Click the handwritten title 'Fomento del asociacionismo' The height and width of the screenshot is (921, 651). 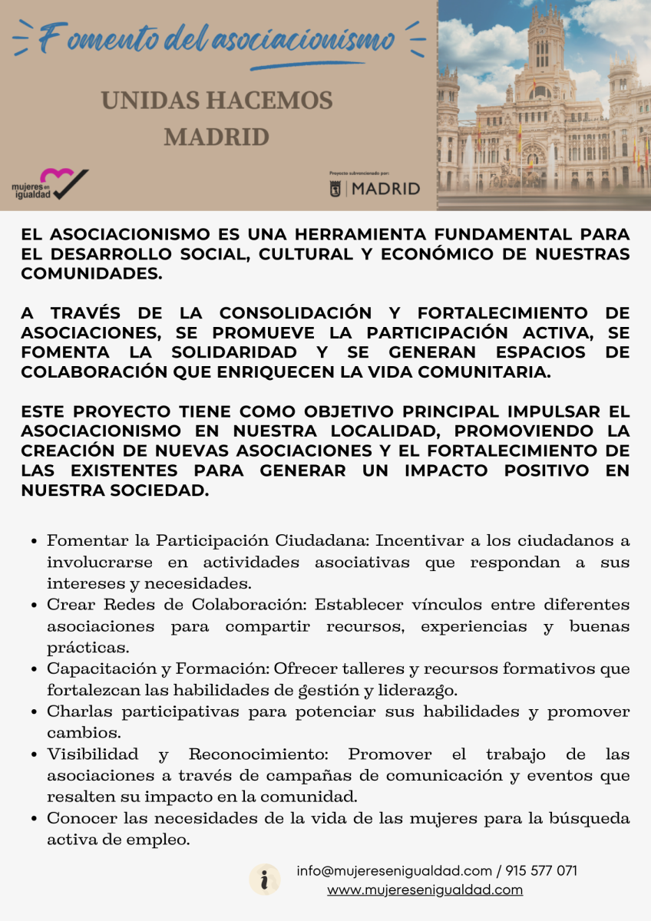[217, 38]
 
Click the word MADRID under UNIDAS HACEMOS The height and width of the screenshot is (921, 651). [216, 137]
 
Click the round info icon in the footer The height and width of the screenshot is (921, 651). [265, 880]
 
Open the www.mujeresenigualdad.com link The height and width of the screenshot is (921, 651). [425, 890]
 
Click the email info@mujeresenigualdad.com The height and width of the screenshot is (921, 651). [394, 871]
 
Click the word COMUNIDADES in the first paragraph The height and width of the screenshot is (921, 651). [91, 273]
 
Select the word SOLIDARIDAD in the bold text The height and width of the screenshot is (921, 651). [234, 352]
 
